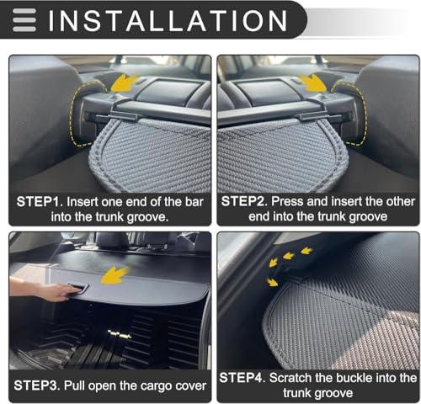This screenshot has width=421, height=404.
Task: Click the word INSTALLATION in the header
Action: click(x=168, y=20)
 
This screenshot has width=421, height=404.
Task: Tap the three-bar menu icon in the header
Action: click(x=24, y=20)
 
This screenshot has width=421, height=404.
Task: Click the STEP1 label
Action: click(x=38, y=202)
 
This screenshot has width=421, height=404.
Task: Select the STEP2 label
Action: click(x=243, y=201)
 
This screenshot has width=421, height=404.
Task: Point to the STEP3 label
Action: click(x=36, y=385)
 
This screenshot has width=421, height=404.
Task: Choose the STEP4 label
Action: click(x=242, y=378)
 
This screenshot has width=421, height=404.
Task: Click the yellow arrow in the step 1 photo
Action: click(x=125, y=83)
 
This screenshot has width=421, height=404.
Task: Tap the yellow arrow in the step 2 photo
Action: click(x=312, y=83)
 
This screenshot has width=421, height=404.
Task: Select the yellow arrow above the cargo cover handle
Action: click(x=115, y=275)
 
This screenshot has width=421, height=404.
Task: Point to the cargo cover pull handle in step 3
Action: click(x=77, y=288)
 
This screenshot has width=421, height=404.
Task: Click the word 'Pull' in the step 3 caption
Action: click(x=73, y=385)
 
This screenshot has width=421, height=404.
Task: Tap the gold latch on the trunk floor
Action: click(x=120, y=334)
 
